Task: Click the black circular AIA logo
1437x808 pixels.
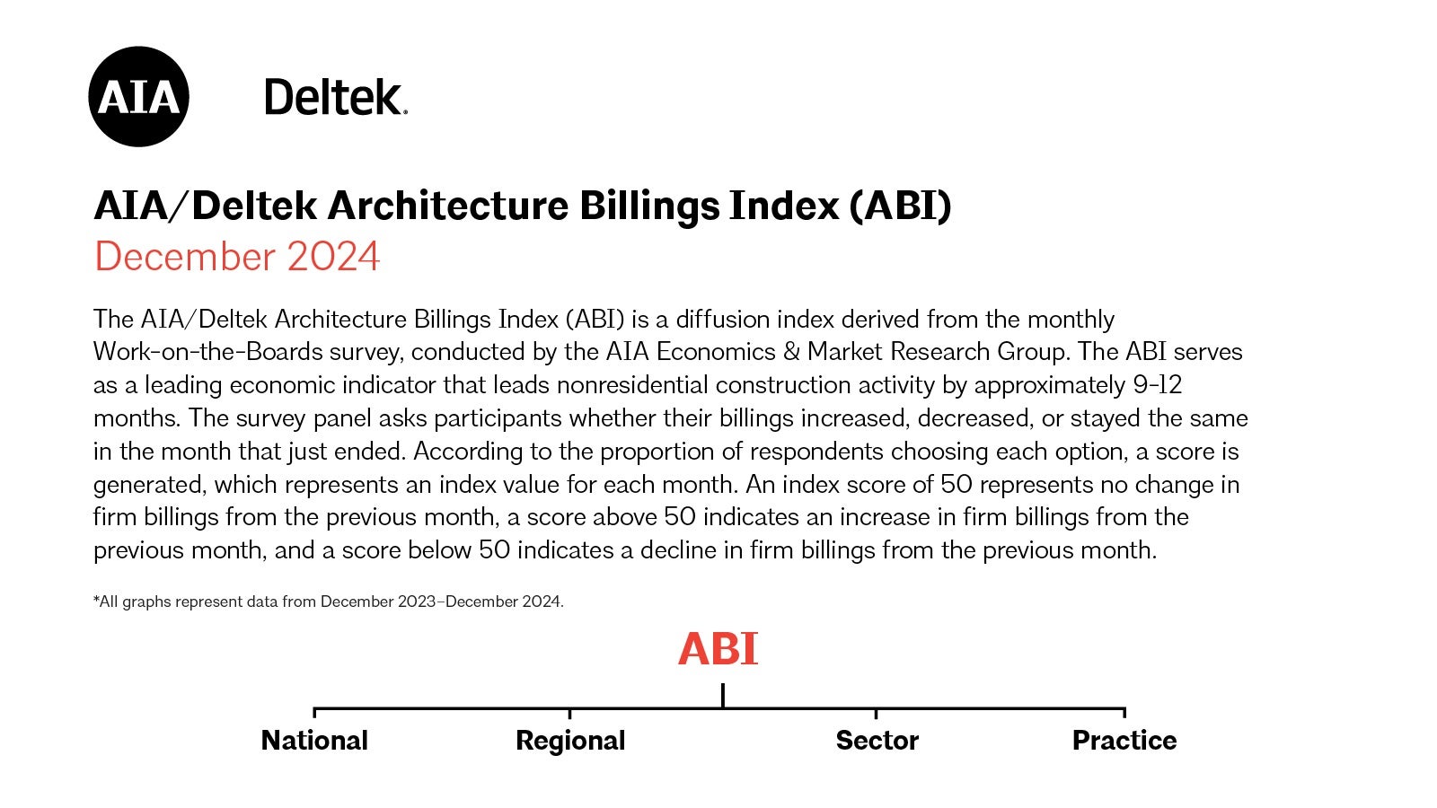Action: [x=138, y=97]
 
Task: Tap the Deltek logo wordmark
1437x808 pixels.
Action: [x=335, y=97]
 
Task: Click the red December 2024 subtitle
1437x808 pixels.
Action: [x=237, y=257]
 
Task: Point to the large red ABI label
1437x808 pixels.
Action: [x=718, y=649]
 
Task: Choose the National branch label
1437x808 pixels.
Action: [x=314, y=741]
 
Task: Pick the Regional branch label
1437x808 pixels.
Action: [x=570, y=741]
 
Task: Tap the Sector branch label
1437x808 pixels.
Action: [x=877, y=741]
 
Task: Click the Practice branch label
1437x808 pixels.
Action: [x=1124, y=741]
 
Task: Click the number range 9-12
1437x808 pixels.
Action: [x=1157, y=385]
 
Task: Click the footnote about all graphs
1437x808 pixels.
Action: [x=329, y=602]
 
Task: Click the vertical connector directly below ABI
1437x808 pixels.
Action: [x=723, y=696]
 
